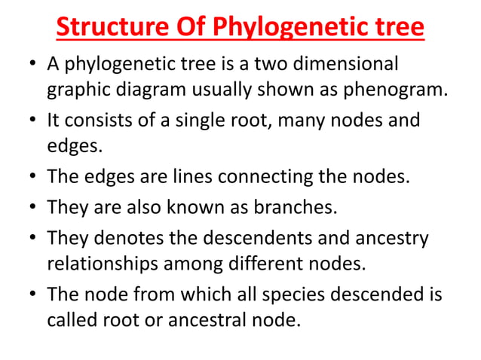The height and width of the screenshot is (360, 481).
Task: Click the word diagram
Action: coord(151,90)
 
